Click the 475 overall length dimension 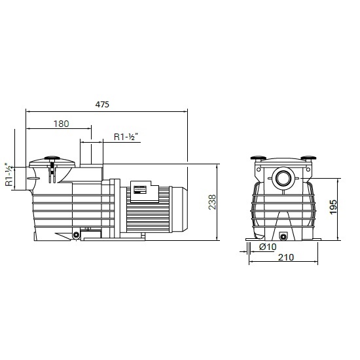tap(102, 105)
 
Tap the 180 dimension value tap(62, 124)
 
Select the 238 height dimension tap(212, 202)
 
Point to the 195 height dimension tap(333, 207)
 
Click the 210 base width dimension tap(286, 257)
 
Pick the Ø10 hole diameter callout tap(268, 247)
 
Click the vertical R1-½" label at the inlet tap(9, 175)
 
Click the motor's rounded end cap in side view tap(179, 208)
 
